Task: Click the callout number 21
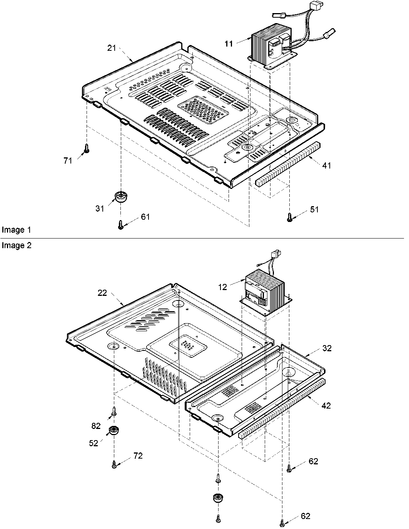(x=111, y=48)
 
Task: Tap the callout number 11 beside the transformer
(x=229, y=44)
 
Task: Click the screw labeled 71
(x=87, y=148)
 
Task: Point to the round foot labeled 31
(x=121, y=197)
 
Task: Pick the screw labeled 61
(x=120, y=224)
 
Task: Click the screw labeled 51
(x=289, y=217)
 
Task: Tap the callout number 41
(x=326, y=165)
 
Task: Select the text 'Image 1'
(x=16, y=230)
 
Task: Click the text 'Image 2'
(x=16, y=245)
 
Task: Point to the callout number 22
(x=102, y=293)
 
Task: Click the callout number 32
(x=327, y=348)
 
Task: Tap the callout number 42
(x=326, y=406)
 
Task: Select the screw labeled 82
(x=114, y=411)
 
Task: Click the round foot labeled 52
(x=114, y=431)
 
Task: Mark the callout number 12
(x=222, y=287)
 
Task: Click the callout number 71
(x=68, y=161)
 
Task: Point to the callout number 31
(x=100, y=209)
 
